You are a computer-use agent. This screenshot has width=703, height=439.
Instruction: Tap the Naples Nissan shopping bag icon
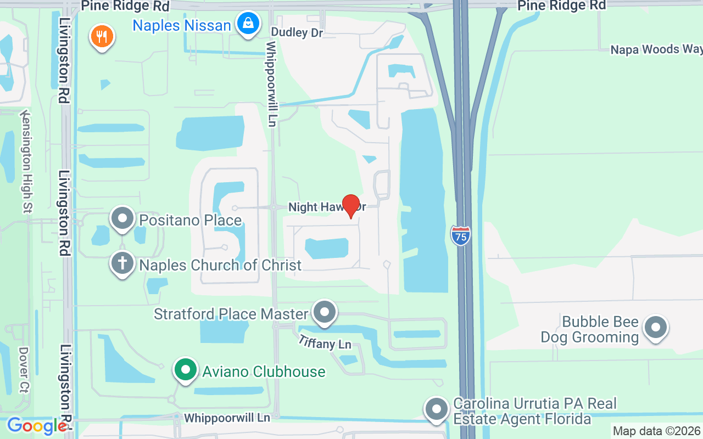248,24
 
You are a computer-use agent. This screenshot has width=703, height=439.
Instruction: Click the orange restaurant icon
101,37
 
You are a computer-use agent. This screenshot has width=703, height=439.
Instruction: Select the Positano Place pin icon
122,219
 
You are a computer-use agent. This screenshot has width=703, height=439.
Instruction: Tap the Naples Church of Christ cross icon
122,264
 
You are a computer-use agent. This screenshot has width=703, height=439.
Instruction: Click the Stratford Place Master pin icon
325,313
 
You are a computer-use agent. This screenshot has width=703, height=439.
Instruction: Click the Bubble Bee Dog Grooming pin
655,328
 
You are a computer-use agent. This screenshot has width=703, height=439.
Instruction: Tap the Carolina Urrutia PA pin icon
437,409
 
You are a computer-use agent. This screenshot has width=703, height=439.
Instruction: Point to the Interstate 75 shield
460,235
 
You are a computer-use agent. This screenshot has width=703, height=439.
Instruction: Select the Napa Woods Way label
656,49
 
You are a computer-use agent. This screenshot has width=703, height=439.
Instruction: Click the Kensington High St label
26,161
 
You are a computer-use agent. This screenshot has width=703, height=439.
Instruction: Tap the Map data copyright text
656,431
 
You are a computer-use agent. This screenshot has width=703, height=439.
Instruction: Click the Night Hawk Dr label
327,207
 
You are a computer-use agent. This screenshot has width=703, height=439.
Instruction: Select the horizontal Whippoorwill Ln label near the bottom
227,418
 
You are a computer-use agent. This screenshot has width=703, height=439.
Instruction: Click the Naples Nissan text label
182,25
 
